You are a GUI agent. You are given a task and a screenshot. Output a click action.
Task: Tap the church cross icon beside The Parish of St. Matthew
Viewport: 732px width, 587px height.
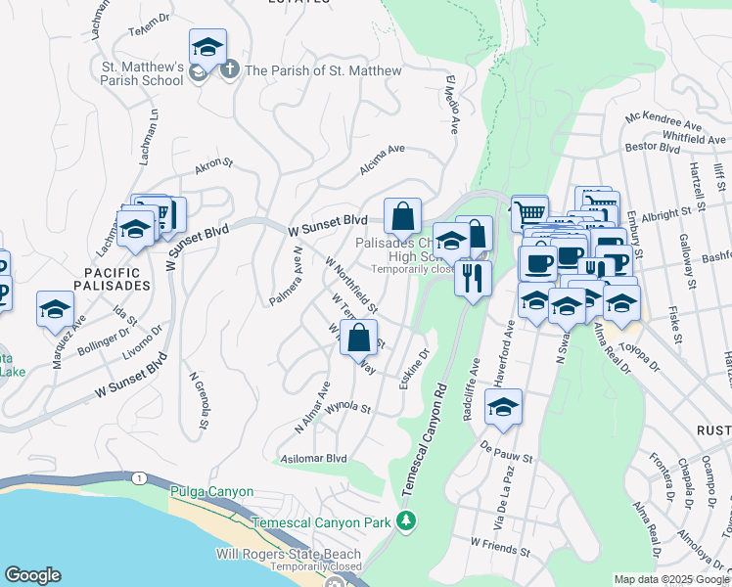coord(229,70)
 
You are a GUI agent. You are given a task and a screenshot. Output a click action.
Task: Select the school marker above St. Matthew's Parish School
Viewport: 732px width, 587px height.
coord(207,48)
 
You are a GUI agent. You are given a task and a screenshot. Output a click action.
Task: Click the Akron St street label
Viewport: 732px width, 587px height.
coord(215,167)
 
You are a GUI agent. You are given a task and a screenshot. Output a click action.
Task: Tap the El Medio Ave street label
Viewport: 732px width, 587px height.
coord(452,104)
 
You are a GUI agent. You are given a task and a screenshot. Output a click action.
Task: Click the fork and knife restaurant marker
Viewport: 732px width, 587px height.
coord(473,279)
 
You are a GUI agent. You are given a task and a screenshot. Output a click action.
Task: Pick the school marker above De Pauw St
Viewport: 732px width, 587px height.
coord(504,408)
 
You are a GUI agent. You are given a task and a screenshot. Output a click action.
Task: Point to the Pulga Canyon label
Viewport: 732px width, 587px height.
coord(211,491)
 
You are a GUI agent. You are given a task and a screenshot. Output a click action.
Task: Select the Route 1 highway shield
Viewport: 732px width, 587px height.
coord(143,478)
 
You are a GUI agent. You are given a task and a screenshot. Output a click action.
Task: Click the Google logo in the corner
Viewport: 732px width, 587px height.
coord(32,575)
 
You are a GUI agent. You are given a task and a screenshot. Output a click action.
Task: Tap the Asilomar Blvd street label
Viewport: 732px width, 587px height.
coord(314,458)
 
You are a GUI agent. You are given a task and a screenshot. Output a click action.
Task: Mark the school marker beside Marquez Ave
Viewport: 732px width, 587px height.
coord(56,309)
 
